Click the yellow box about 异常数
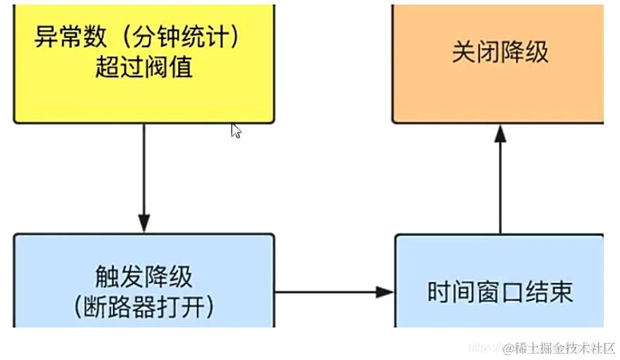[x=143, y=64]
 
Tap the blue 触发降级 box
[x=143, y=282]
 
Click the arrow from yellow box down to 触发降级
[x=143, y=176]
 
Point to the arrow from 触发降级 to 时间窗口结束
[x=332, y=292]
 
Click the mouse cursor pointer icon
[x=236, y=131]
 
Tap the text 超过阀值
[x=143, y=68]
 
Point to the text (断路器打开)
[x=143, y=307]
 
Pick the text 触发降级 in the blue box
[x=143, y=277]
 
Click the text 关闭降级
[x=500, y=53]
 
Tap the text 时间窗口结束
[x=500, y=292]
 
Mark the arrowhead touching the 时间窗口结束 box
[x=385, y=292]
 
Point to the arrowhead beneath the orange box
[x=500, y=134]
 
